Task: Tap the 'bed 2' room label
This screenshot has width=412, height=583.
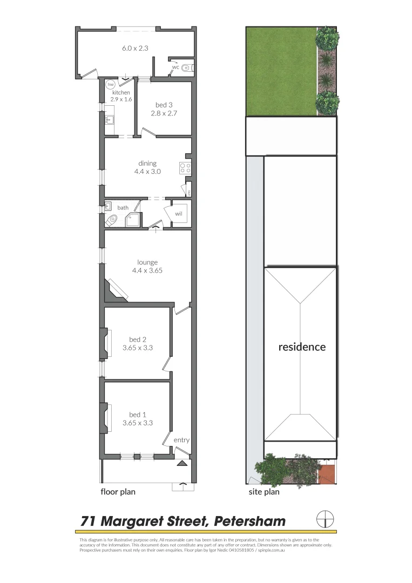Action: [x=137, y=340]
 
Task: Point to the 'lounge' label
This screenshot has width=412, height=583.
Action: [x=147, y=262]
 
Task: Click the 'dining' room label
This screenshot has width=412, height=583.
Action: [x=147, y=163]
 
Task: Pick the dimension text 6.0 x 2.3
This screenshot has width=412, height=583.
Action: [x=135, y=48]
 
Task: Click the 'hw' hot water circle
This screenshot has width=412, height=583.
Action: [x=111, y=85]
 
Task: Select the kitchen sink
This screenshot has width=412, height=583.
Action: [x=109, y=120]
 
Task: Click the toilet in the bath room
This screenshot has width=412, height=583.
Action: [x=112, y=220]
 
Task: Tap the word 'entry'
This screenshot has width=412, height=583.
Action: [x=181, y=440]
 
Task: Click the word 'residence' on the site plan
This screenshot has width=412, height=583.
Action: [x=302, y=347]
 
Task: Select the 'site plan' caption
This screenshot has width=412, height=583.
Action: [x=264, y=492]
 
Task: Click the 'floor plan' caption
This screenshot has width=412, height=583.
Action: [x=118, y=492]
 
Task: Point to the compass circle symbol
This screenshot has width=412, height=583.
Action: [x=325, y=519]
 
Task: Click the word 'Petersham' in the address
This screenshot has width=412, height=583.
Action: [x=249, y=521]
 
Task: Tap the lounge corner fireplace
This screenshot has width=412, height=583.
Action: [x=116, y=290]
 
